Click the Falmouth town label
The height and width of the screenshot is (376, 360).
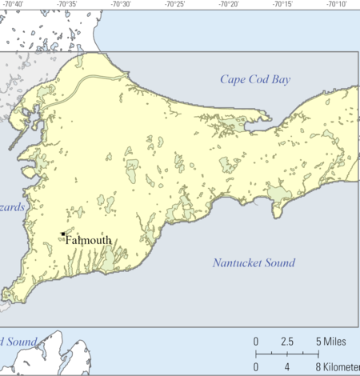click(89, 239)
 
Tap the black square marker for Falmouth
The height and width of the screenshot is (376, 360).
click(63, 234)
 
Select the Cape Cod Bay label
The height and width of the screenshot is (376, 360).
click(255, 79)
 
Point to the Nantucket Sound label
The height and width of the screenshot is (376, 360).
click(254, 262)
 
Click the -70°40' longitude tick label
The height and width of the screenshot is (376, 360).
click(13, 4)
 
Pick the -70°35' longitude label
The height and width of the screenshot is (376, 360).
click(66, 4)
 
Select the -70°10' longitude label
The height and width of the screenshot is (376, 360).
click(336, 4)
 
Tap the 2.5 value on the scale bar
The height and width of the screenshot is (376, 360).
click(287, 342)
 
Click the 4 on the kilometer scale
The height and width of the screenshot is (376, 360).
click(287, 367)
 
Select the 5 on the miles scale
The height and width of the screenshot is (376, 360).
click(318, 342)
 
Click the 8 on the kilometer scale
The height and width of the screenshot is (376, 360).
click(318, 367)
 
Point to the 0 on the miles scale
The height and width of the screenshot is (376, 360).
click(256, 342)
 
